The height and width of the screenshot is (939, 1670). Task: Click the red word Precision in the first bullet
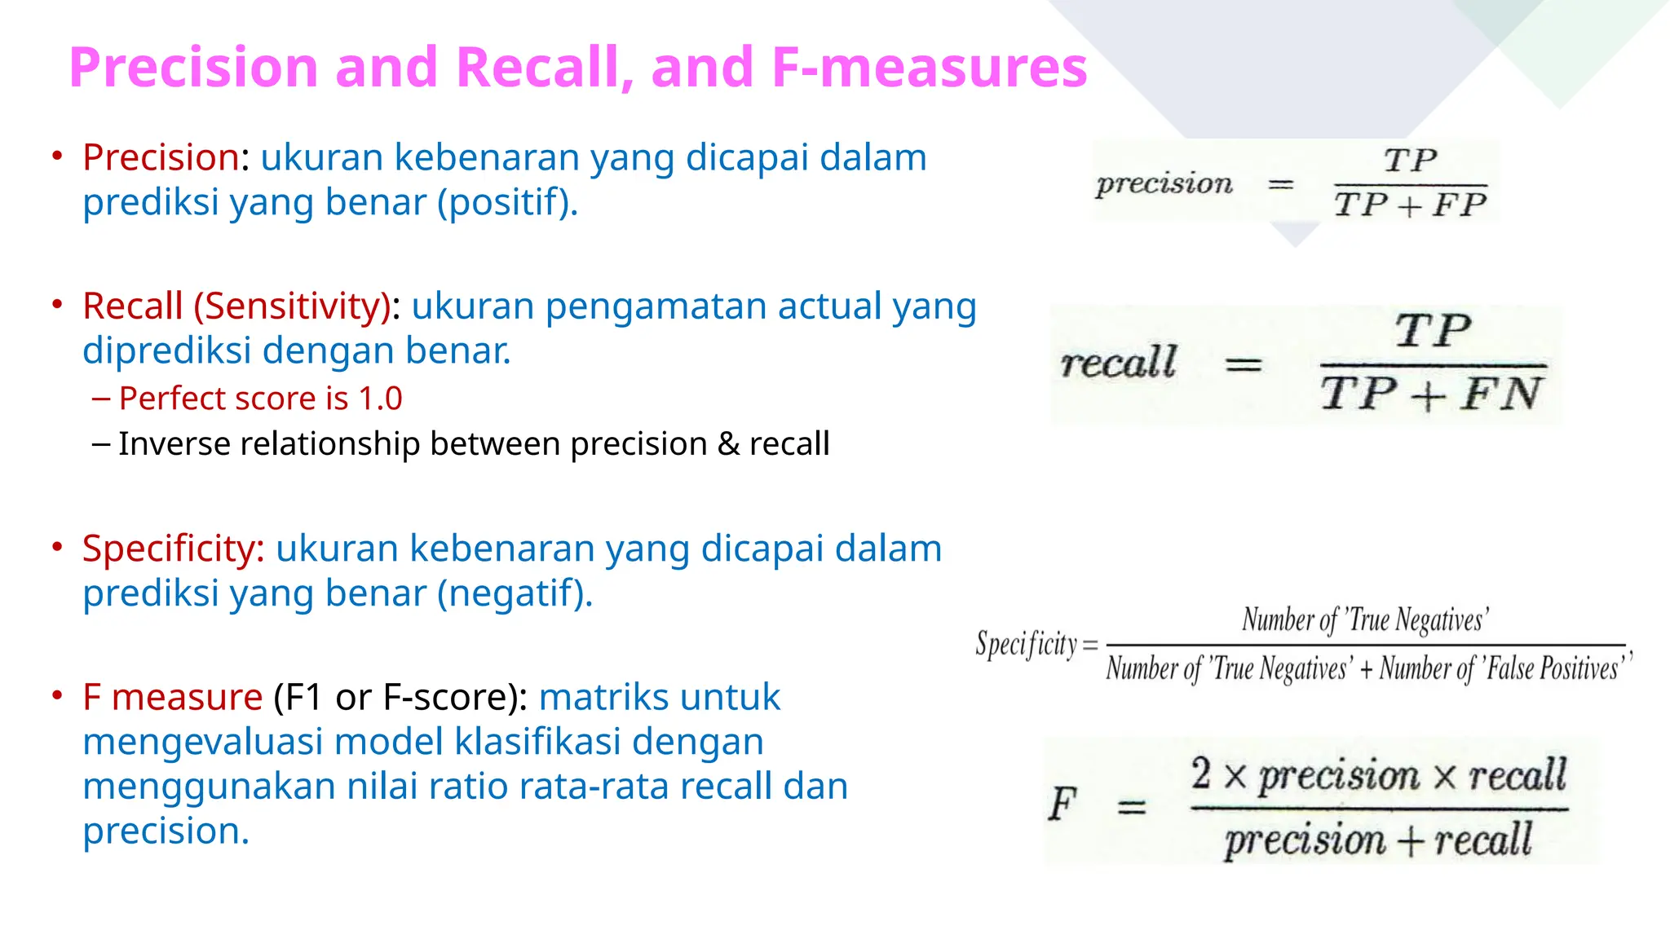pos(161,157)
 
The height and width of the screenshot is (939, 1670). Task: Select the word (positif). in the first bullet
pos(507,202)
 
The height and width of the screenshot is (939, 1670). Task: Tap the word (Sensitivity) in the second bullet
pos(293,306)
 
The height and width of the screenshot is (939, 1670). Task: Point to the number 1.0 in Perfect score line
pos(380,399)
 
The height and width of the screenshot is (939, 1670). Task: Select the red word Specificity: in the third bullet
pos(173,549)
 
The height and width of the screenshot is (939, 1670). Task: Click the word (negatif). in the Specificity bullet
pos(515,593)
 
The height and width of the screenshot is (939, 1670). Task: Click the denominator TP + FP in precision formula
pos(1410,205)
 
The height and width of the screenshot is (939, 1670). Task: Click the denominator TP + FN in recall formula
pos(1431,395)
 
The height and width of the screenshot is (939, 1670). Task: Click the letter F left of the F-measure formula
pos(1063,805)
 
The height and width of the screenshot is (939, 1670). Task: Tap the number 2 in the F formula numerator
pos(1200,774)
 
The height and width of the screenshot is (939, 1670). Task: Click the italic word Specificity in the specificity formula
pos(1027,645)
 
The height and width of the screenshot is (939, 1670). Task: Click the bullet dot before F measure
pos(57,696)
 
